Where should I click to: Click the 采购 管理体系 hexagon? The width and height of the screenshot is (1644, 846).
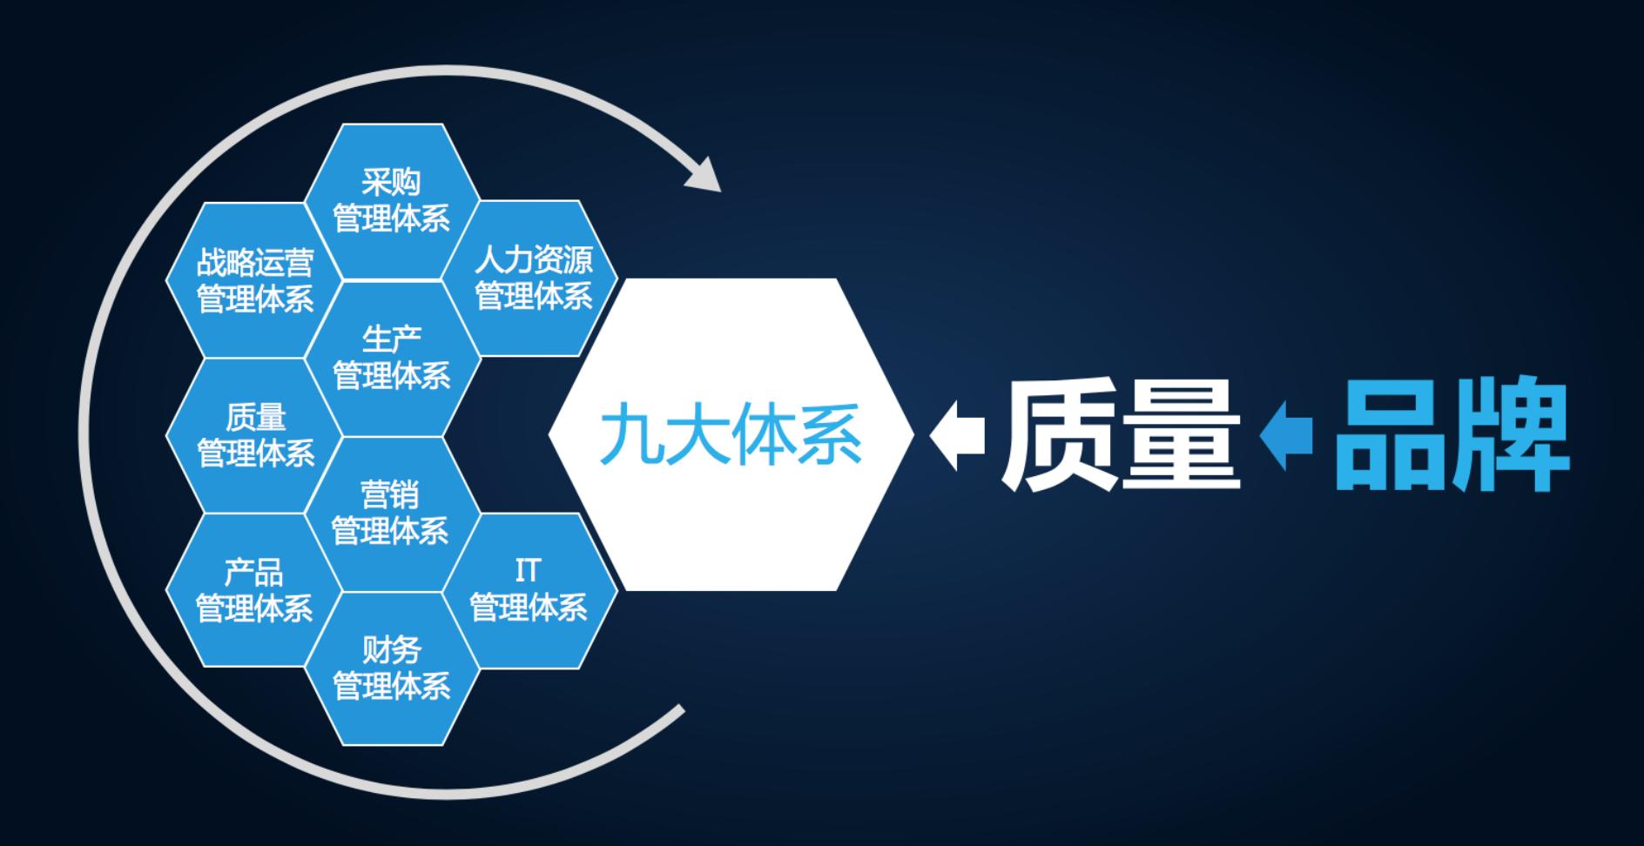pyautogui.click(x=392, y=201)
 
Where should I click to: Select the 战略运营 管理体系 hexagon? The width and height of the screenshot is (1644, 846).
pyautogui.click(x=254, y=279)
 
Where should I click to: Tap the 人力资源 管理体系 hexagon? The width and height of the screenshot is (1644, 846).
pyautogui.click(x=530, y=279)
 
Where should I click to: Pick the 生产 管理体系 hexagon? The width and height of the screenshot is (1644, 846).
pyautogui.click(x=392, y=358)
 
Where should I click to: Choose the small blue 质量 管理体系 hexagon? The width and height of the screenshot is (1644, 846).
pyautogui.click(x=254, y=435)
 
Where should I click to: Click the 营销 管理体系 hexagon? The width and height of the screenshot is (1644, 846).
pyautogui.click(x=392, y=514)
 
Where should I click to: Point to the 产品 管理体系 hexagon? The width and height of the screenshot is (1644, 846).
pyautogui.click(x=254, y=590)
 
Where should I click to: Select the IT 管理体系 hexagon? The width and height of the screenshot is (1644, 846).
pyautogui.click(x=530, y=591)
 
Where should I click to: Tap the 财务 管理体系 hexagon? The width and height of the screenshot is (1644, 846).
pyautogui.click(x=392, y=668)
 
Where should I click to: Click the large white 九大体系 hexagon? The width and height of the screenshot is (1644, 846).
pyautogui.click(x=731, y=434)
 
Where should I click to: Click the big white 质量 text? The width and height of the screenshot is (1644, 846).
pyautogui.click(x=1122, y=433)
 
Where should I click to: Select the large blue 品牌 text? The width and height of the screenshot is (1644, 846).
pyautogui.click(x=1451, y=433)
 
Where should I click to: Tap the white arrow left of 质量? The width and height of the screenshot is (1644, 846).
pyautogui.click(x=957, y=435)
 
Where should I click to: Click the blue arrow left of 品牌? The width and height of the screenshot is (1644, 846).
pyautogui.click(x=1286, y=435)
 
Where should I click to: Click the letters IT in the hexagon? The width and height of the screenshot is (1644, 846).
pyautogui.click(x=527, y=571)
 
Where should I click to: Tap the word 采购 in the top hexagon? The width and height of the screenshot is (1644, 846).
pyautogui.click(x=392, y=182)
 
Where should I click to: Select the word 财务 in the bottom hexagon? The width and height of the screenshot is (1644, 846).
pyautogui.click(x=392, y=649)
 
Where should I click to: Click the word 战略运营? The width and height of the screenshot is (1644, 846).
pyautogui.click(x=254, y=261)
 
